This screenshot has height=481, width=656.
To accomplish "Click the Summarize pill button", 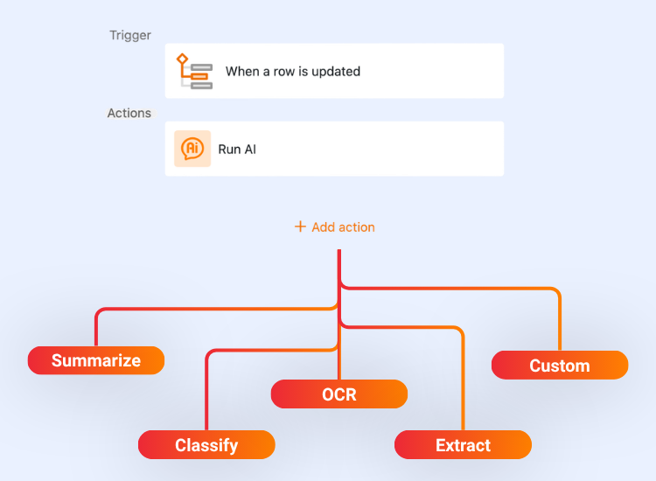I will [96, 360].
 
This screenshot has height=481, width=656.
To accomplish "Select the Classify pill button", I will [206, 445].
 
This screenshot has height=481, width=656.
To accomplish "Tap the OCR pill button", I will [339, 394].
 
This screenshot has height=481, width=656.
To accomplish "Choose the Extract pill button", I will [463, 445].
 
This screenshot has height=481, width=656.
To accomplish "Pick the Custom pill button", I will [560, 366].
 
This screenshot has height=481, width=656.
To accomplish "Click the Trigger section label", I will [129, 36].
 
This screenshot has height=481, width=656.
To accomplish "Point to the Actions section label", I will [129, 114].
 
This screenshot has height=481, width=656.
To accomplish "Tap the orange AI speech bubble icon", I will [192, 149].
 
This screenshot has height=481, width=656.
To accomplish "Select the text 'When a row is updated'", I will [293, 72].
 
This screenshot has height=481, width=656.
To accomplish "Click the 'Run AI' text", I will [237, 150].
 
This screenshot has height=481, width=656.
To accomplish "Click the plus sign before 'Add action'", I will [300, 227].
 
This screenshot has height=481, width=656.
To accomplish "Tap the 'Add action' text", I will [343, 227].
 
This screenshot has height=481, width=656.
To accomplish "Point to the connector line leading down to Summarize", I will [96, 328].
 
